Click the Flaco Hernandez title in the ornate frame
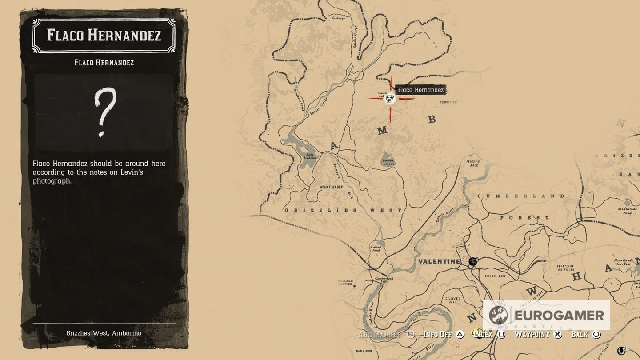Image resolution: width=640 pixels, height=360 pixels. coord(104,36)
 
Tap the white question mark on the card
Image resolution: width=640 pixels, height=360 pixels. coord(105,112)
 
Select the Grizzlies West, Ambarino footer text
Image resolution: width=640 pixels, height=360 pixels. coord(104,333)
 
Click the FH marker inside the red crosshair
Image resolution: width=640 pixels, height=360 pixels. coord(390,99)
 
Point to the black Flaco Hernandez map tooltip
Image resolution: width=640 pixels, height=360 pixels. coord(420,90)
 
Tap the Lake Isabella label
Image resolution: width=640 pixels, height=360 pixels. coord(311,156)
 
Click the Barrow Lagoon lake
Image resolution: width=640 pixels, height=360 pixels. coord(388,159)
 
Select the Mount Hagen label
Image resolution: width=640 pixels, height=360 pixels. coord(331,187)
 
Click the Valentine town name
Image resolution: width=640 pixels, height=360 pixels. coord(439,261)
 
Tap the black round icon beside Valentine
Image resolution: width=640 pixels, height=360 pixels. coord(473,261)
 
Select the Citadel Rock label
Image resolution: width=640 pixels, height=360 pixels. coord(496,276)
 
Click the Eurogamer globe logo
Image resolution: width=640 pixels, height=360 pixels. coord(498,315)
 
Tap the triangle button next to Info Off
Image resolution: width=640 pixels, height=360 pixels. coord(460,334)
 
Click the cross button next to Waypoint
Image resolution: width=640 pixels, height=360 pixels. coord(558,334)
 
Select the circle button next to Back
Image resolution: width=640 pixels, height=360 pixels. coord(596,334)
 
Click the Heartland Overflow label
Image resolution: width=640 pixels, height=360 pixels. coord(622,262)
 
